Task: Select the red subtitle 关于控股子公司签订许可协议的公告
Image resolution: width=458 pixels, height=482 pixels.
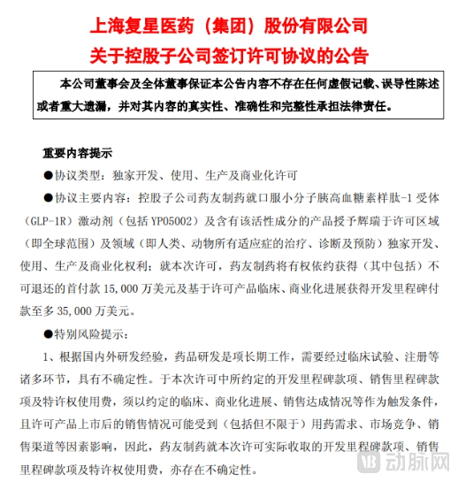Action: click(228, 53)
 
